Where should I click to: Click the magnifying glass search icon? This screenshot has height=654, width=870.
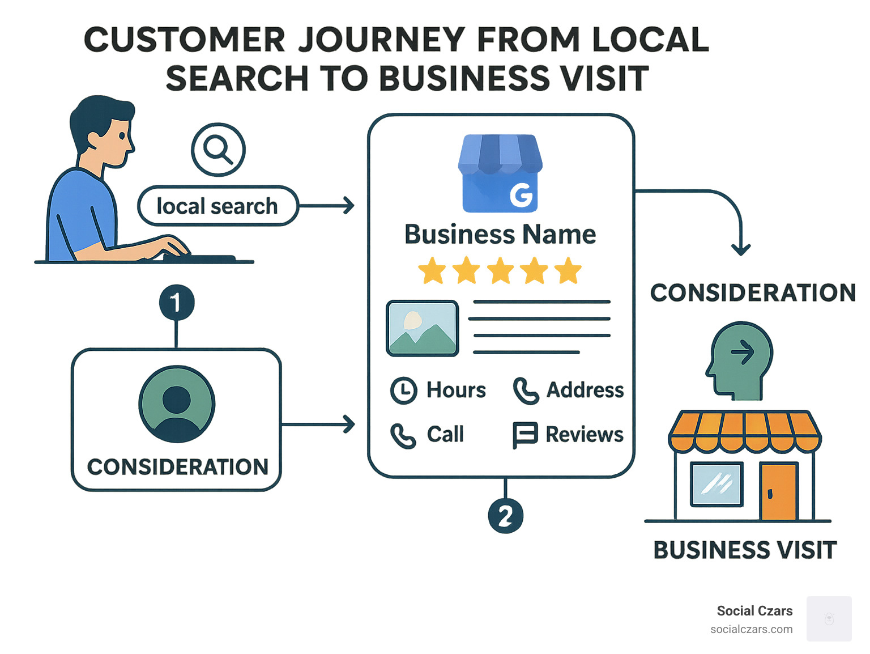pos(218,150)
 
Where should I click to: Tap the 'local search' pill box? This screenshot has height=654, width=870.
pos(217,206)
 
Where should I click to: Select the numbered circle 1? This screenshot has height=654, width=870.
pos(176,302)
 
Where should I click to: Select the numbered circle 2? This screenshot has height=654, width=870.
pos(505,516)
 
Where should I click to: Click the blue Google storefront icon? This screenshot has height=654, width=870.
pos(500,173)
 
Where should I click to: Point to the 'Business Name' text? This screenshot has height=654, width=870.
pos(500,235)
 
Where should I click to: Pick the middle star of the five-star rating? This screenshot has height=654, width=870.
pos(501,271)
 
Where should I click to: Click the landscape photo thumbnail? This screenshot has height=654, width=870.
pos(423,329)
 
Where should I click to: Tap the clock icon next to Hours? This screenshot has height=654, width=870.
pos(404,390)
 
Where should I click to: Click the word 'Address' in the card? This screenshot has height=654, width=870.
pos(585,390)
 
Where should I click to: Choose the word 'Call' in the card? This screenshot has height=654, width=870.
pos(445,435)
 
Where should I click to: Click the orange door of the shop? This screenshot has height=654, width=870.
pos(779,491)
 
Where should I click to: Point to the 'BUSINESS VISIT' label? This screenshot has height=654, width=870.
pos(745,550)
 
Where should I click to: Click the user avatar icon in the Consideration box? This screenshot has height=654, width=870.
pos(177,404)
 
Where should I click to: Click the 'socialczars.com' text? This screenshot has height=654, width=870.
pos(751,629)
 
